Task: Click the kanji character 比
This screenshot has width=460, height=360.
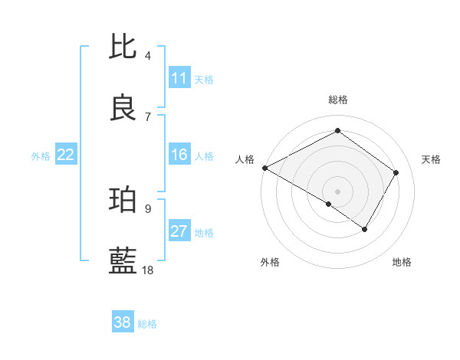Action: point(123,47)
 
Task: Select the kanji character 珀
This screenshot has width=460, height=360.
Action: point(123,200)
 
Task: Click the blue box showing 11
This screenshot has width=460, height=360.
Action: point(179,78)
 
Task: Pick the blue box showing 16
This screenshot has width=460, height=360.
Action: point(179,155)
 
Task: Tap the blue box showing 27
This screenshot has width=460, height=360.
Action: point(179,232)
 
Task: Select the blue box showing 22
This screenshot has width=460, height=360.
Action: point(66,155)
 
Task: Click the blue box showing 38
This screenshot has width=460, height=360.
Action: point(123,322)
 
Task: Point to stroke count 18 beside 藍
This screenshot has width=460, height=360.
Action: point(149,270)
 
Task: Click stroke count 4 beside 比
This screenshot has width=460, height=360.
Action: point(148,56)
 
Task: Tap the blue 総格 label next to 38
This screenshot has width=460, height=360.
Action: point(147,323)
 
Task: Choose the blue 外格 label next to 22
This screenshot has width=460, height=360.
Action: point(41,156)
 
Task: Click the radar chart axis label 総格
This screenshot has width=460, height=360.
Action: point(337,100)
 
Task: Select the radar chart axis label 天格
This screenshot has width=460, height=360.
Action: point(431,159)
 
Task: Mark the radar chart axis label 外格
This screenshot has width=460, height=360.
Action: point(270,262)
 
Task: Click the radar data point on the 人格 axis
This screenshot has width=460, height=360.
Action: point(264,168)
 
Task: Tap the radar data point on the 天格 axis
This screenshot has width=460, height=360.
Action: point(396,172)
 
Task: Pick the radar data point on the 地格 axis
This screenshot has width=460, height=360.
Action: point(365,229)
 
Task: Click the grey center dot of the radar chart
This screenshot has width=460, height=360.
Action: point(337,191)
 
